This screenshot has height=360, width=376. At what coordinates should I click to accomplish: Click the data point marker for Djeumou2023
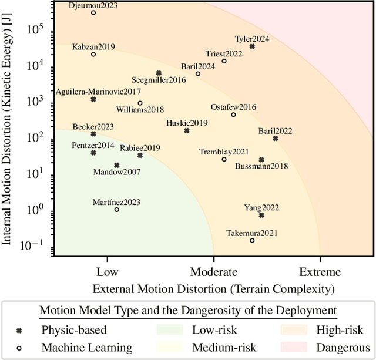pos(93,12)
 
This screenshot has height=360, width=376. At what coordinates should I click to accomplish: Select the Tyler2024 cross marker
pos(252,46)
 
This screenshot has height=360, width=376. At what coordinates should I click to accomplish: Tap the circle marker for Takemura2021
pos(252,241)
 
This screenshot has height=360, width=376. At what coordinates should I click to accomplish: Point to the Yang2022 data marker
pos(261,215)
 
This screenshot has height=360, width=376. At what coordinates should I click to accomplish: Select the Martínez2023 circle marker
pos(116,210)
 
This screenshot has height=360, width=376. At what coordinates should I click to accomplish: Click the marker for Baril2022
pos(275,139)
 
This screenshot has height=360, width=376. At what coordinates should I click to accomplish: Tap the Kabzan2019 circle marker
pos(93,55)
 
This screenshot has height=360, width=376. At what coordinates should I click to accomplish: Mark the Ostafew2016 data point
pos(233,115)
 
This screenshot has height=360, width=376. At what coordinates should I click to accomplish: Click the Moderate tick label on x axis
pos(213,272)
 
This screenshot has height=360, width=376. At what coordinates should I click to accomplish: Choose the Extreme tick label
pos(320,272)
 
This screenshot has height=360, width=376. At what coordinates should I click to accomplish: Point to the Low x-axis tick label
pos(107,272)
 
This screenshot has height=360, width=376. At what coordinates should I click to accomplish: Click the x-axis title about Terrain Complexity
pos(213,288)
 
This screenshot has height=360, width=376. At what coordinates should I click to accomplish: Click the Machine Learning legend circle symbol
pos(18,347)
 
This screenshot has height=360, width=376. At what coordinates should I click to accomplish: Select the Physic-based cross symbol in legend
pos(18,331)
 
